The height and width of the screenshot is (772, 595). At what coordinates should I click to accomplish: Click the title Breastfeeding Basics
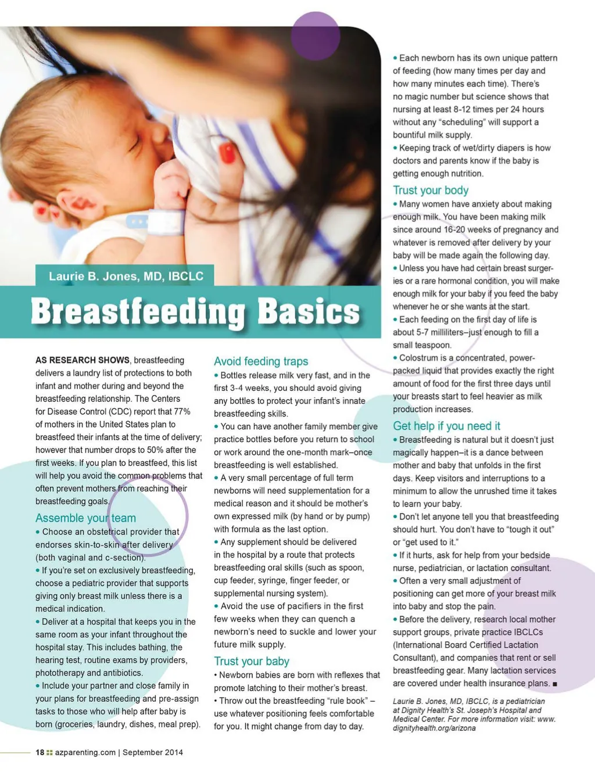(195, 311)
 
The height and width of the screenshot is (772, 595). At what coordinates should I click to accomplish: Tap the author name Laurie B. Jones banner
(126, 276)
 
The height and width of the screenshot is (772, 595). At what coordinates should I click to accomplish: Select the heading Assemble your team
(85, 518)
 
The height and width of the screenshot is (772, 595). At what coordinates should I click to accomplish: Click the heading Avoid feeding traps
(261, 361)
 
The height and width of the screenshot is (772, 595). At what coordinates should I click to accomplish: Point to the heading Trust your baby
(251, 661)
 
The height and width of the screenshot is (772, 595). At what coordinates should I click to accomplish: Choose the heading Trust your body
(430, 190)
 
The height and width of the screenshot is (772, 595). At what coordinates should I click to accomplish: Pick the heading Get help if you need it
(446, 426)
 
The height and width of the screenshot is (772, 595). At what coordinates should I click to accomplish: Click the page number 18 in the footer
(40, 752)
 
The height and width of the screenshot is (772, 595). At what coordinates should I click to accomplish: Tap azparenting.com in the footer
(85, 752)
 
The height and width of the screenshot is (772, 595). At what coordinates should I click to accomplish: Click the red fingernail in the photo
(227, 154)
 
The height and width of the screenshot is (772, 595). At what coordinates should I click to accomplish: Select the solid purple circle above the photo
(315, 37)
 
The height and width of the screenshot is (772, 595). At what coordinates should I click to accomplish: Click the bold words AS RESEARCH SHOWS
(83, 360)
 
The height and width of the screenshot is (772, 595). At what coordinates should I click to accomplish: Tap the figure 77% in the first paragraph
(182, 411)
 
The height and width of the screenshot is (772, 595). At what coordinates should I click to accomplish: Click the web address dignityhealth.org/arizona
(433, 728)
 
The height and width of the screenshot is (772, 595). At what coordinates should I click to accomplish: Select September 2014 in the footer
(153, 752)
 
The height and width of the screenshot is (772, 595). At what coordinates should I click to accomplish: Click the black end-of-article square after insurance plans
(555, 684)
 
